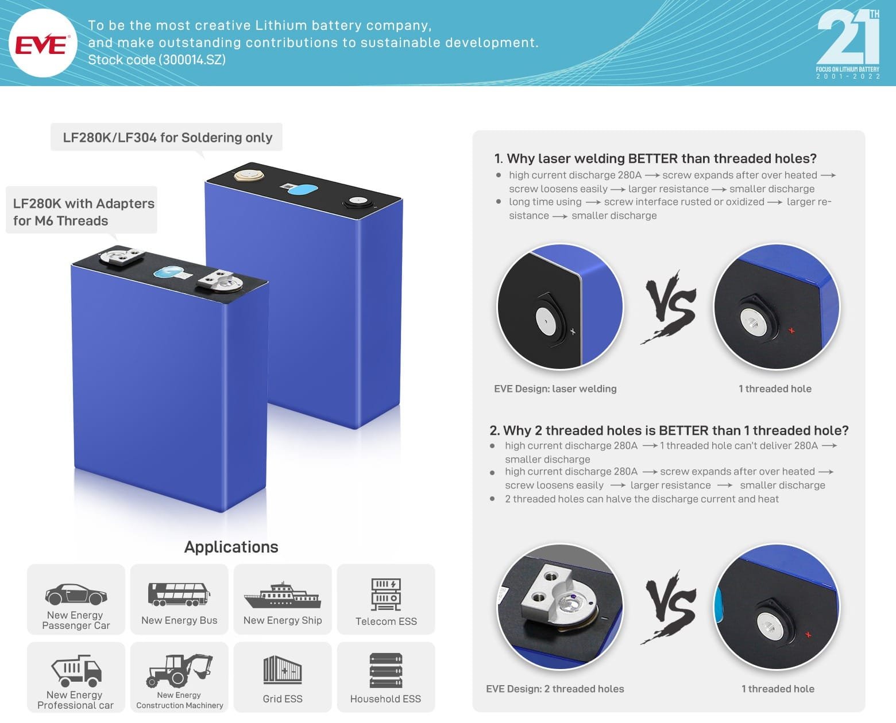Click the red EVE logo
tap(41, 44)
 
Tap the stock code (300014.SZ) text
tap(156, 60)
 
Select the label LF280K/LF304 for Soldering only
tap(167, 137)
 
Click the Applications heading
tap(231, 547)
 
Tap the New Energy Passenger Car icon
tap(76, 594)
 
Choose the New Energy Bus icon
tap(179, 594)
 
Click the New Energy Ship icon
tap(282, 595)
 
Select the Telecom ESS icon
tap(386, 594)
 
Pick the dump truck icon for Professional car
tap(76, 670)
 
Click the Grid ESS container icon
tap(282, 670)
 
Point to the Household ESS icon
tap(386, 670)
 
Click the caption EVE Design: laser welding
tap(555, 388)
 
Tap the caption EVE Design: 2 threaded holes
tap(555, 689)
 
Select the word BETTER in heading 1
tap(653, 158)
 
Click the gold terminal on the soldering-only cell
tap(249, 174)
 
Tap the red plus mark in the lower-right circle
tap(808, 635)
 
